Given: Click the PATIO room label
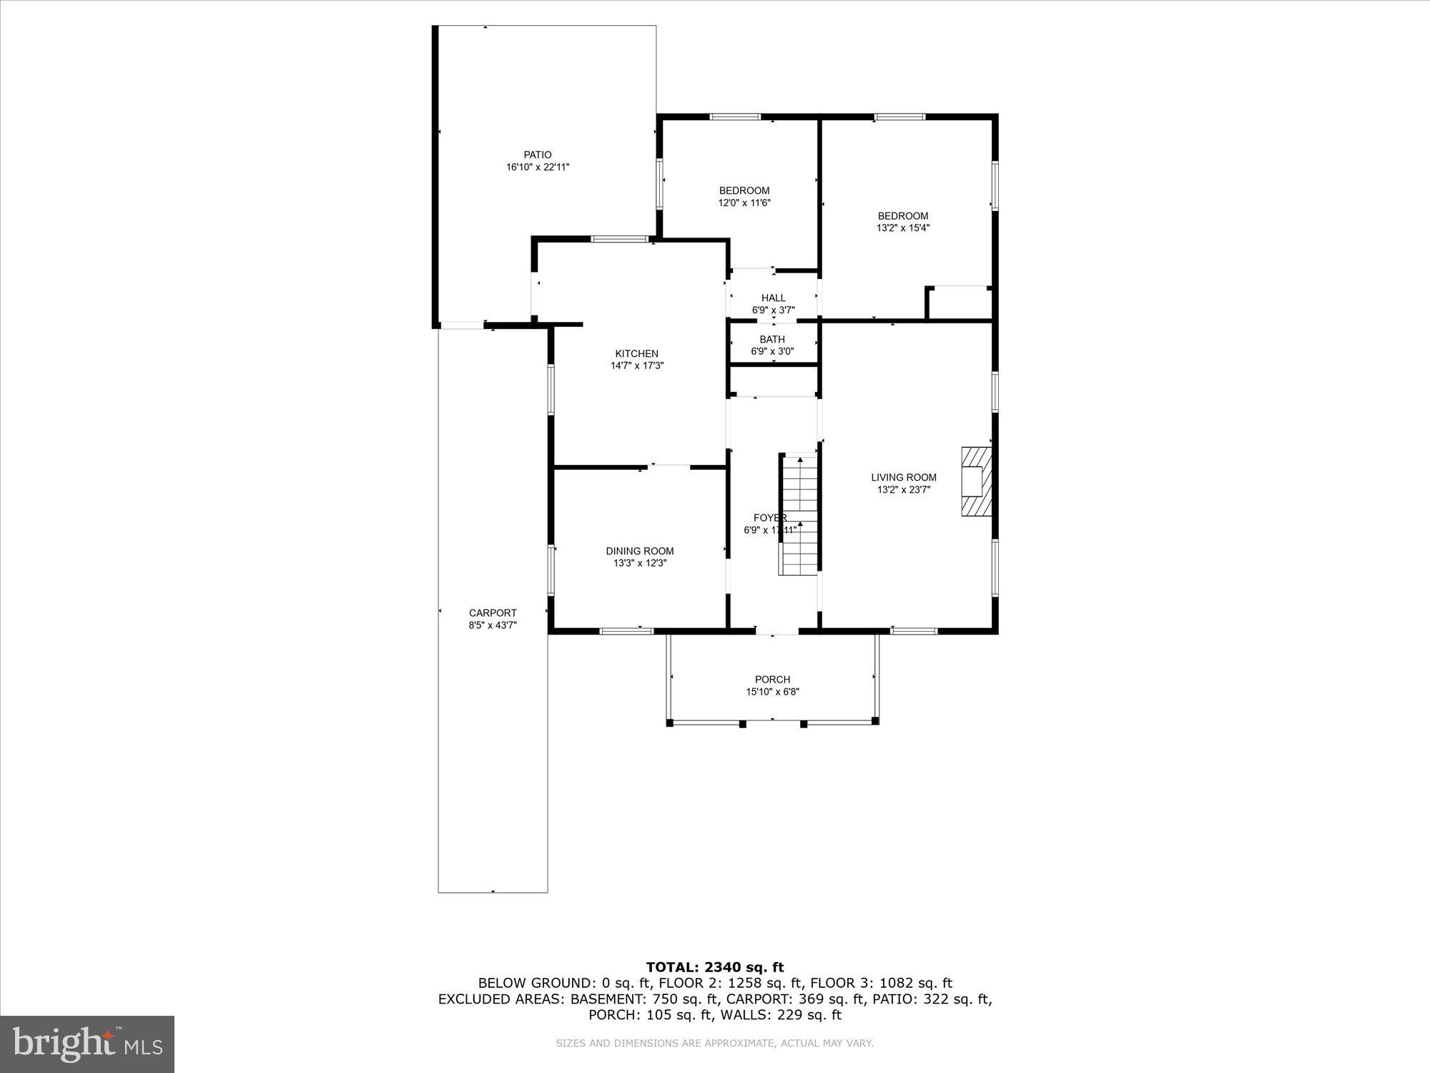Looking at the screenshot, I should [538, 155].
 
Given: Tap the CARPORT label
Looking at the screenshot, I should [493, 613].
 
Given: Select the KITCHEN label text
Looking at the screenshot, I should [636, 353].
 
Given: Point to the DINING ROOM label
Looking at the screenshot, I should [639, 551].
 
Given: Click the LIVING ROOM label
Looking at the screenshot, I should [903, 477].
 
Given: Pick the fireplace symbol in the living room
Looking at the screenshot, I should [976, 481].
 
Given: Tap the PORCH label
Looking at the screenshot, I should [772, 680].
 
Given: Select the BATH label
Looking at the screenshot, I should [772, 339].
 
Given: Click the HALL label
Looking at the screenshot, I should [773, 298].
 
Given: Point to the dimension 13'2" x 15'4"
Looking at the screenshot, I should [903, 228].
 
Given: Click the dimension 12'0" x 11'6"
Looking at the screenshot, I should [744, 202].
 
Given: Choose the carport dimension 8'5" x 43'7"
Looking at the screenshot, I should [493, 625].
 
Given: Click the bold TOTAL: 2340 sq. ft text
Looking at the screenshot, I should [715, 968].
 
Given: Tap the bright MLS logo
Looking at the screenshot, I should [87, 1044].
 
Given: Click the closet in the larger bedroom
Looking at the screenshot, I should [959, 303].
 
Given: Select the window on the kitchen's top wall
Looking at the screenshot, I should [619, 239].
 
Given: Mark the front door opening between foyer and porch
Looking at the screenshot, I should [776, 632].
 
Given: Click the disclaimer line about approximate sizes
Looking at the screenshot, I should [715, 1044].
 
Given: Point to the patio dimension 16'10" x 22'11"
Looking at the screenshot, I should [538, 167].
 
